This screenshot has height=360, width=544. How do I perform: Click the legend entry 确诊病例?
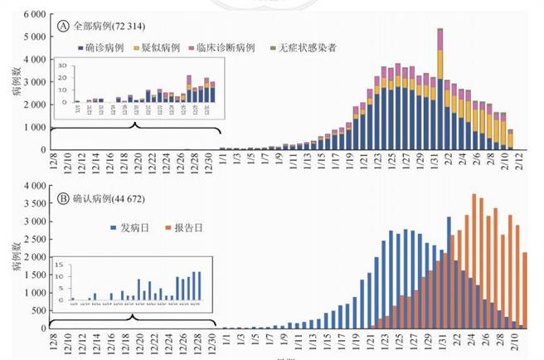point(102,48)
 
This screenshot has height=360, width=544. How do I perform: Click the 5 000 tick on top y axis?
point(34,37)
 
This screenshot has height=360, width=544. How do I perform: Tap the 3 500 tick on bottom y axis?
point(34,204)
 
